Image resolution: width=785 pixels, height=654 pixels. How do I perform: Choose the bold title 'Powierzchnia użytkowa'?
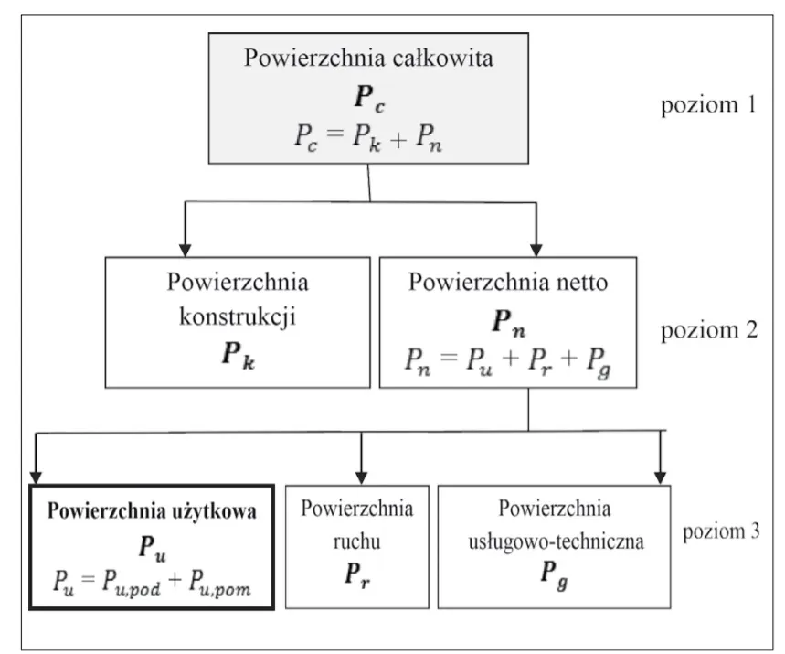(152, 513)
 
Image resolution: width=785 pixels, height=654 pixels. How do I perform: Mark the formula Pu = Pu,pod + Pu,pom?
(152, 582)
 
